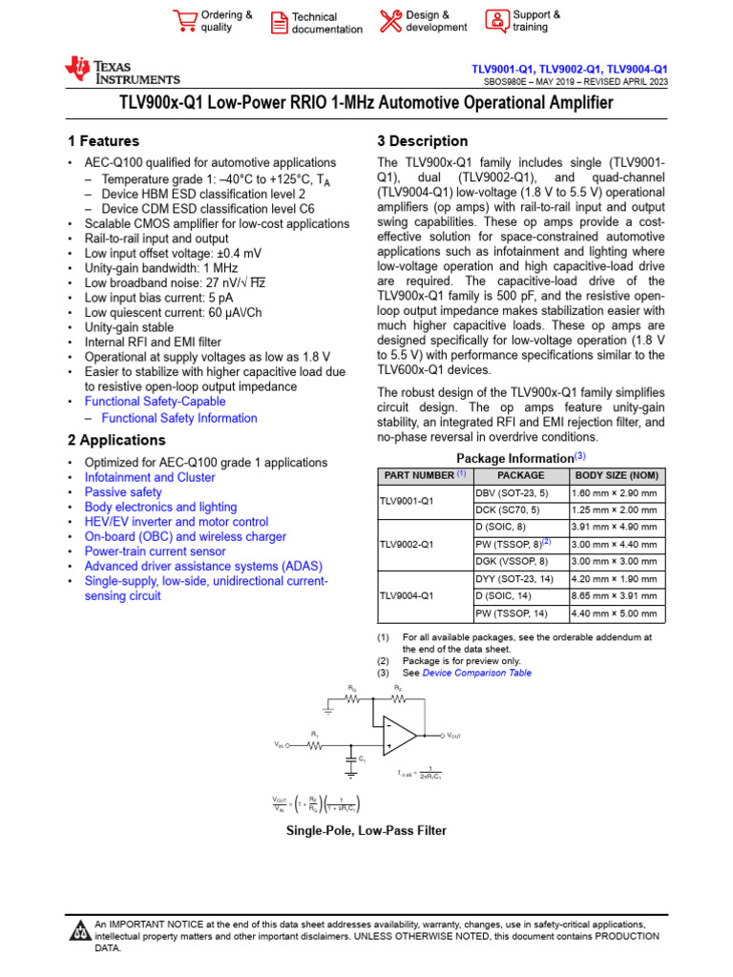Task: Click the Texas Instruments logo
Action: tap(121, 71)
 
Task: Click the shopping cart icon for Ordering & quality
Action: tap(183, 21)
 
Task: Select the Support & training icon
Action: tap(496, 21)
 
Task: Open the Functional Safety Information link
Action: tap(179, 418)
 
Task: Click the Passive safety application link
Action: tap(123, 492)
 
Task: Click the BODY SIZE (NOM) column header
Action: tap(616, 475)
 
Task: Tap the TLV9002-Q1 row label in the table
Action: tap(407, 545)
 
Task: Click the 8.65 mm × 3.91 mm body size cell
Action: tap(614, 596)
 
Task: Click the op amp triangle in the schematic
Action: tap(400, 735)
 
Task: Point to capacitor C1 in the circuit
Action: tap(350, 759)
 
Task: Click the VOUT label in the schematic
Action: tap(452, 735)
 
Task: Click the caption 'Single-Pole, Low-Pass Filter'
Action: tap(366, 831)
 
